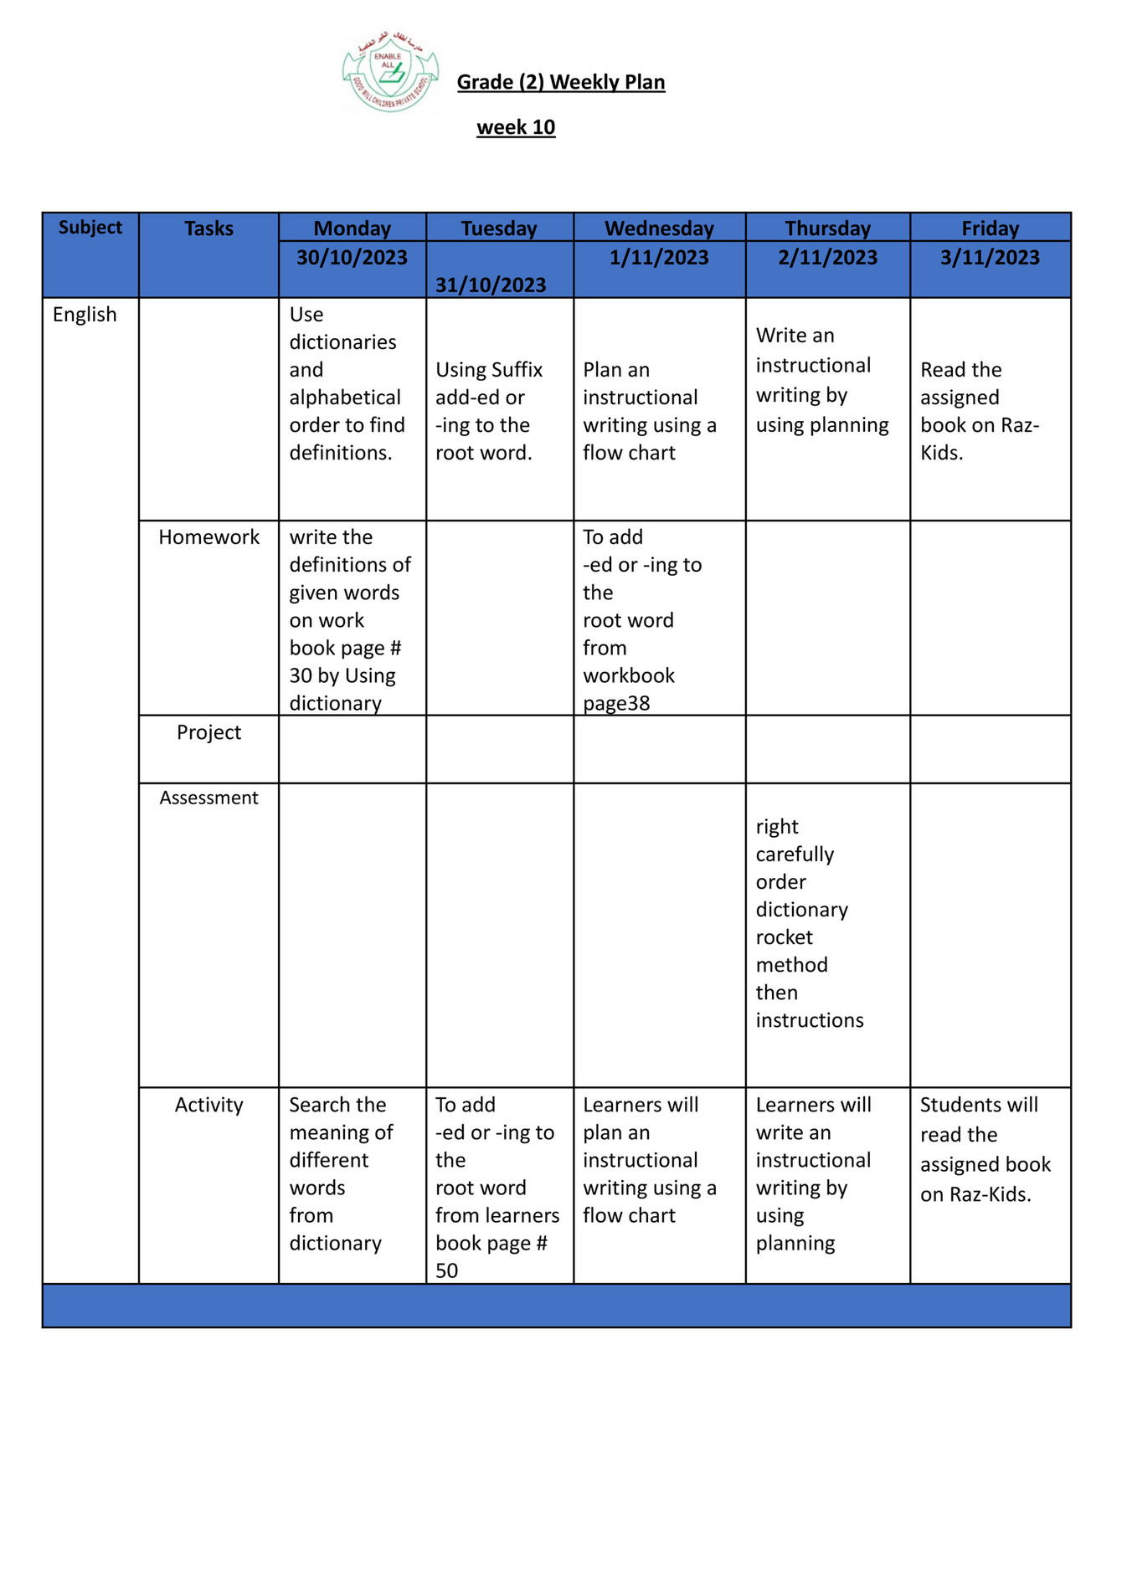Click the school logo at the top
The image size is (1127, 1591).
(390, 72)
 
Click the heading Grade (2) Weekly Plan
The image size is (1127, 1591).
(561, 82)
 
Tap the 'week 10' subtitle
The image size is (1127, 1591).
(516, 127)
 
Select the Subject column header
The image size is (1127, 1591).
(90, 228)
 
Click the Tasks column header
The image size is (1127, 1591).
(208, 228)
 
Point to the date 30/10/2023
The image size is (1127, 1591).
(352, 258)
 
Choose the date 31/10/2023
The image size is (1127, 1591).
(491, 285)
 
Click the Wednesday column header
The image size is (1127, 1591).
(659, 228)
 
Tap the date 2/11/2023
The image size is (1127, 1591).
(827, 258)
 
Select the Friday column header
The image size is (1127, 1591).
(990, 228)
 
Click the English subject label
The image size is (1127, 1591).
(85, 315)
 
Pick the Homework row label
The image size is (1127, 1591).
(208, 537)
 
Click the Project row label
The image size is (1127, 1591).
(208, 732)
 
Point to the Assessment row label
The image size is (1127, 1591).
(208, 798)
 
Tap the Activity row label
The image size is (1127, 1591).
(208, 1105)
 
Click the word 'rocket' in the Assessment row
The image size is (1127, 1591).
(784, 937)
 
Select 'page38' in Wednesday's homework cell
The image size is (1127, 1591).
(616, 703)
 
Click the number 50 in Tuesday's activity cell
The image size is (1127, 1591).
(446, 1270)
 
